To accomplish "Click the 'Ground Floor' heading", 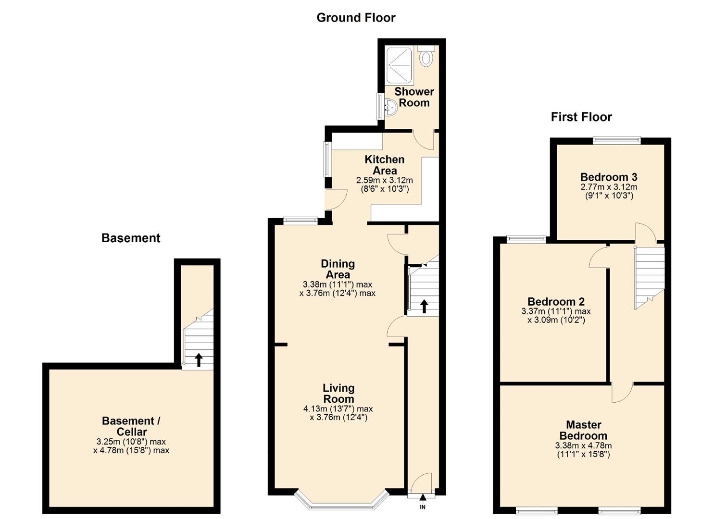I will pyautogui.click(x=356, y=18).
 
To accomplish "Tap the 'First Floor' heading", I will pyautogui.click(x=581, y=117).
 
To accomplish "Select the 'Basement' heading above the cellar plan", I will pyautogui.click(x=131, y=238).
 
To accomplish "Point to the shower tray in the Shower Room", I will pyautogui.click(x=399, y=65).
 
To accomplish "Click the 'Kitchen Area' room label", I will pyautogui.click(x=384, y=165).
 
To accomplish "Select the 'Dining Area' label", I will pyautogui.click(x=338, y=269).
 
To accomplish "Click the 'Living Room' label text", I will pyautogui.click(x=338, y=393).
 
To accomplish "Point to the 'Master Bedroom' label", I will pyautogui.click(x=583, y=430).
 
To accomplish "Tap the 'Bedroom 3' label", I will pyautogui.click(x=609, y=177).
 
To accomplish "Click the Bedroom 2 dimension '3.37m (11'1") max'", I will pyautogui.click(x=556, y=311).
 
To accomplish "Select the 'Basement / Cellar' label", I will pyautogui.click(x=131, y=426).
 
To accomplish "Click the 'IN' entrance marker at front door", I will pyautogui.click(x=423, y=507).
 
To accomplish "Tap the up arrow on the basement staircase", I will pyautogui.click(x=199, y=359).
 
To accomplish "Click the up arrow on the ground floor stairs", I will pyautogui.click(x=424, y=306).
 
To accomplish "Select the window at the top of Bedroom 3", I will pyautogui.click(x=616, y=140).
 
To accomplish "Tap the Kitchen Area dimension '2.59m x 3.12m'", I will pyautogui.click(x=384, y=180).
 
